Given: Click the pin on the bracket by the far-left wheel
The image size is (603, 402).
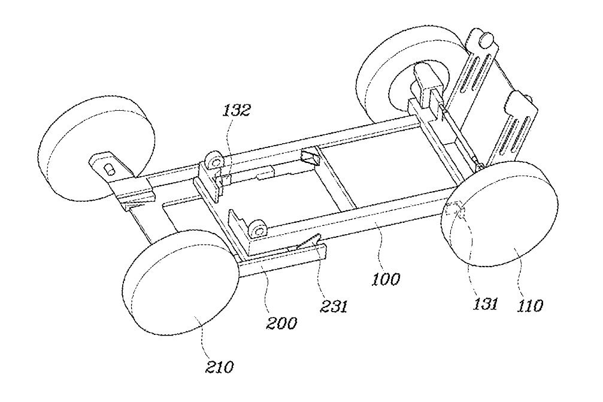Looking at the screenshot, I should (x=111, y=168).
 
